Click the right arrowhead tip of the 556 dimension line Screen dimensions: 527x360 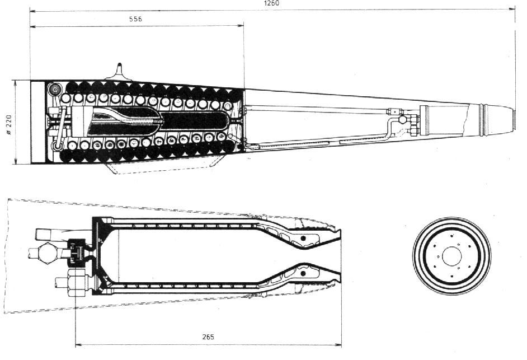(244, 25)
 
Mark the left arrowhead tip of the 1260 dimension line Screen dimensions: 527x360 (30, 11)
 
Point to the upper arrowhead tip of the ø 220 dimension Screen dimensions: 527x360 (15, 81)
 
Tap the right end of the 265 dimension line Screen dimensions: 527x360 (341, 344)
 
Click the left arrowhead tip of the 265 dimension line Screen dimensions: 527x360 (76, 344)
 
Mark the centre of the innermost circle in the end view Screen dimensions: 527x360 (451, 256)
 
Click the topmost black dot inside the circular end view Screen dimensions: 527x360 (453, 236)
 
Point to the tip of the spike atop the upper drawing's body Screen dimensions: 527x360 (119, 63)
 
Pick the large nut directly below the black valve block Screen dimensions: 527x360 (78, 282)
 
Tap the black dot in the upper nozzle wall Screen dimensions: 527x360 (303, 238)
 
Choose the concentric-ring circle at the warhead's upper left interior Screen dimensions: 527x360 (54, 89)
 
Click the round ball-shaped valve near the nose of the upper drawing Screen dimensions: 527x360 (402, 119)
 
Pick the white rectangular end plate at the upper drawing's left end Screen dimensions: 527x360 (37, 122)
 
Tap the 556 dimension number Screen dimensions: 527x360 (136, 19)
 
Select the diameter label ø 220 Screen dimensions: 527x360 (8, 125)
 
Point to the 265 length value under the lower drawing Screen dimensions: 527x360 (208, 337)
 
